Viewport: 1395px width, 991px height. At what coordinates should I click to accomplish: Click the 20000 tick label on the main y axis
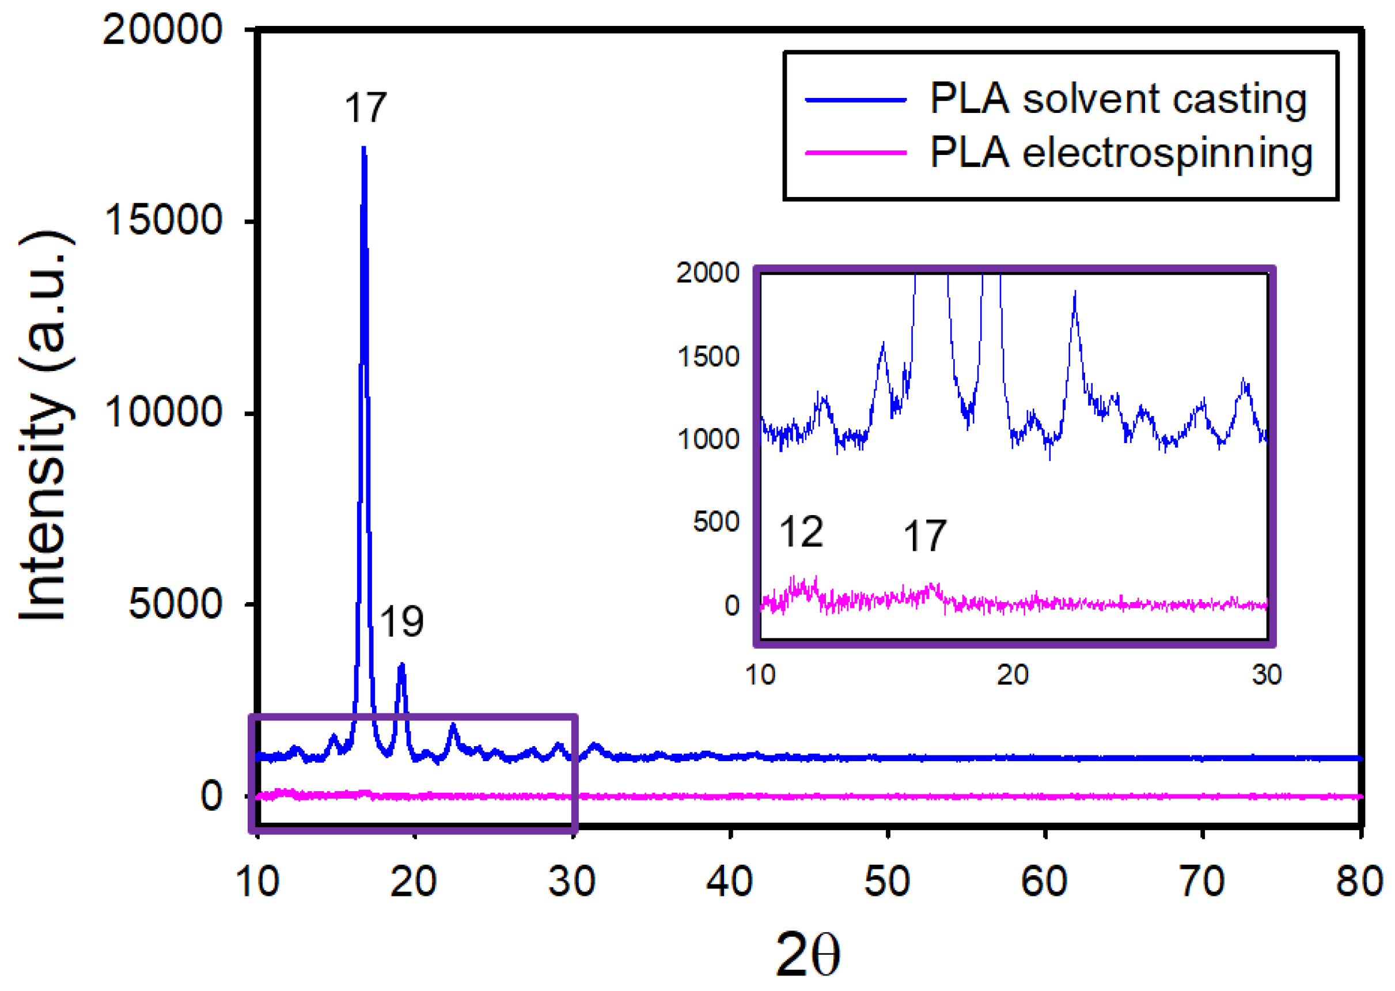click(x=162, y=29)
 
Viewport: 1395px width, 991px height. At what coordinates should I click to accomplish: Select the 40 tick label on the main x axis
click(x=730, y=881)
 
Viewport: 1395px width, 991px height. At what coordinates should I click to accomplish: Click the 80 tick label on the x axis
click(x=1359, y=881)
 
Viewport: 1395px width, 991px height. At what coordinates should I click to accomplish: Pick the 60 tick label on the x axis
click(x=1044, y=881)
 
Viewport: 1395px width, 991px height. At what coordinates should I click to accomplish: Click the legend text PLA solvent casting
click(x=1118, y=99)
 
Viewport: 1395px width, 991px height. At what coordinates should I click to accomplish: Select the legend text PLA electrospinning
click(x=1121, y=153)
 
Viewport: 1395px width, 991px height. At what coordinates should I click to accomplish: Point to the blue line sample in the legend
click(x=856, y=100)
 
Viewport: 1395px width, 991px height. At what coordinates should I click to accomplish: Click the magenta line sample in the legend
click(x=856, y=153)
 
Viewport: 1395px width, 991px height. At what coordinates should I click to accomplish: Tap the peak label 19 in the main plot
click(x=401, y=622)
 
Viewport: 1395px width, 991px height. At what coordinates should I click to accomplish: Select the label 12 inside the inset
click(x=802, y=531)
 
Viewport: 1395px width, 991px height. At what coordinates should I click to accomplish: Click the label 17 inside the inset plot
click(x=924, y=536)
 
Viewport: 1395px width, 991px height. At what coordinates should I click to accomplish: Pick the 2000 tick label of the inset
click(x=707, y=272)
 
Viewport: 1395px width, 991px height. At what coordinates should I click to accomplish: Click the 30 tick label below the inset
click(x=1267, y=675)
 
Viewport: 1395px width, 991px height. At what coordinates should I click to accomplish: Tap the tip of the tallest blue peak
click(x=363, y=147)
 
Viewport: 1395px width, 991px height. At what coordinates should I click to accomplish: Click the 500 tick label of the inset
click(x=716, y=522)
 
